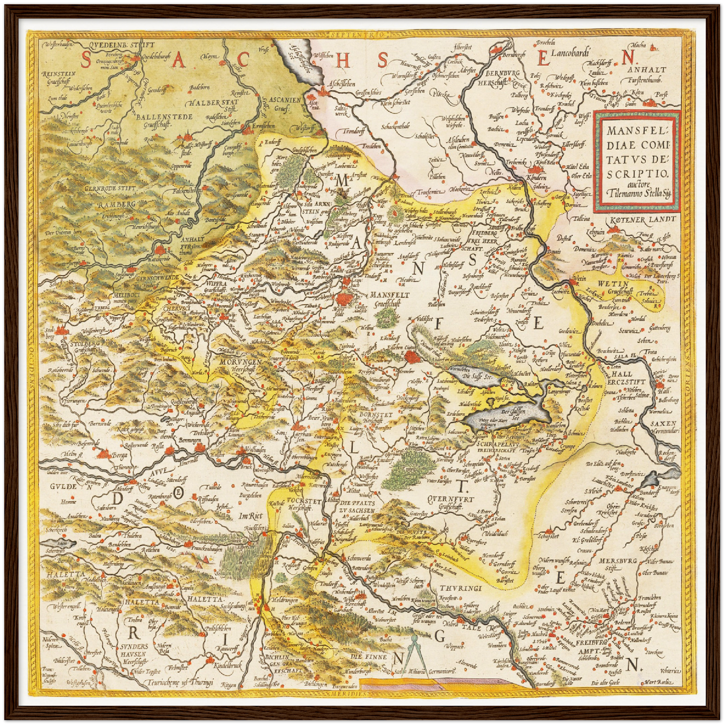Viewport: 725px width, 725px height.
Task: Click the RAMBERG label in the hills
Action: coord(116,205)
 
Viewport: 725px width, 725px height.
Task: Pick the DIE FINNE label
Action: coord(369,656)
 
